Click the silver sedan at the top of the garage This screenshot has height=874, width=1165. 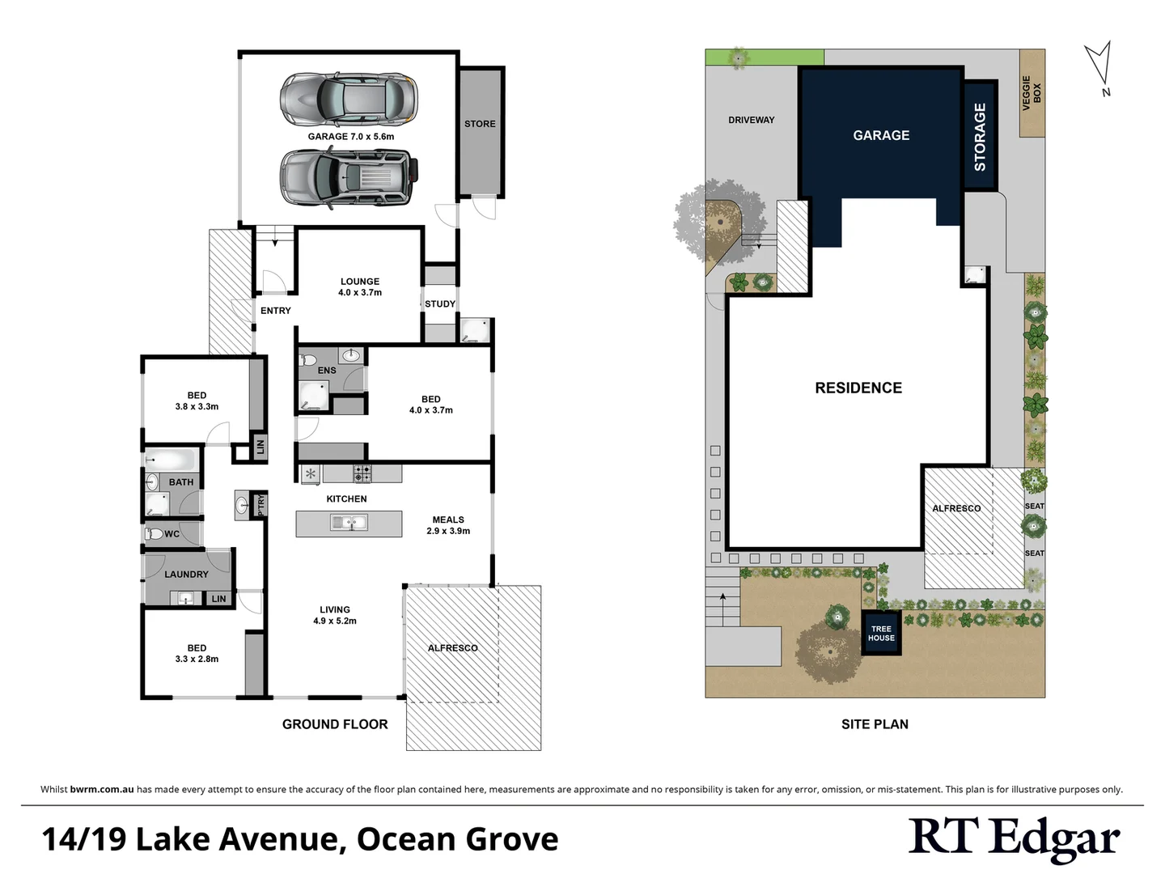tap(349, 99)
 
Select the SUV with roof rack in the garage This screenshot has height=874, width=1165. tap(349, 177)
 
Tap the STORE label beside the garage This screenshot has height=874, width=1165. tap(480, 124)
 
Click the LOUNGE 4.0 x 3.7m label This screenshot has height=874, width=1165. tap(360, 287)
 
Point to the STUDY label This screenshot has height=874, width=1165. tap(440, 304)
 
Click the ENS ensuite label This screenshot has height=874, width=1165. tap(327, 371)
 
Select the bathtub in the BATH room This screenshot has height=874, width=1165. tap(172, 460)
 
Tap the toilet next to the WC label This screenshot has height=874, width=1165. tap(154, 534)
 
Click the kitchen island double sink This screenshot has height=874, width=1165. tap(349, 524)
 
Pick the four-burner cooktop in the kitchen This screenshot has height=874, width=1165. tap(362, 473)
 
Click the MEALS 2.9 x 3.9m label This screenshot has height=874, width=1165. tap(448, 525)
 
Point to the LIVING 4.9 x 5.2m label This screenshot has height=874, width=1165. tap(335, 615)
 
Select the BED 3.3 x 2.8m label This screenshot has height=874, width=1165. tap(197, 653)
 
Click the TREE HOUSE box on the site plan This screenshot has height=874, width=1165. tap(881, 633)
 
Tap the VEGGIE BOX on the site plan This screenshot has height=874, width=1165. tap(1032, 93)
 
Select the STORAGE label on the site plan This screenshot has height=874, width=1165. tap(980, 137)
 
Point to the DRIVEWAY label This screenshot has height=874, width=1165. tap(751, 121)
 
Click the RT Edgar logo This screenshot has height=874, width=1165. tap(1015, 838)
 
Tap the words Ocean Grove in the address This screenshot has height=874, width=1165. tap(457, 839)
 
